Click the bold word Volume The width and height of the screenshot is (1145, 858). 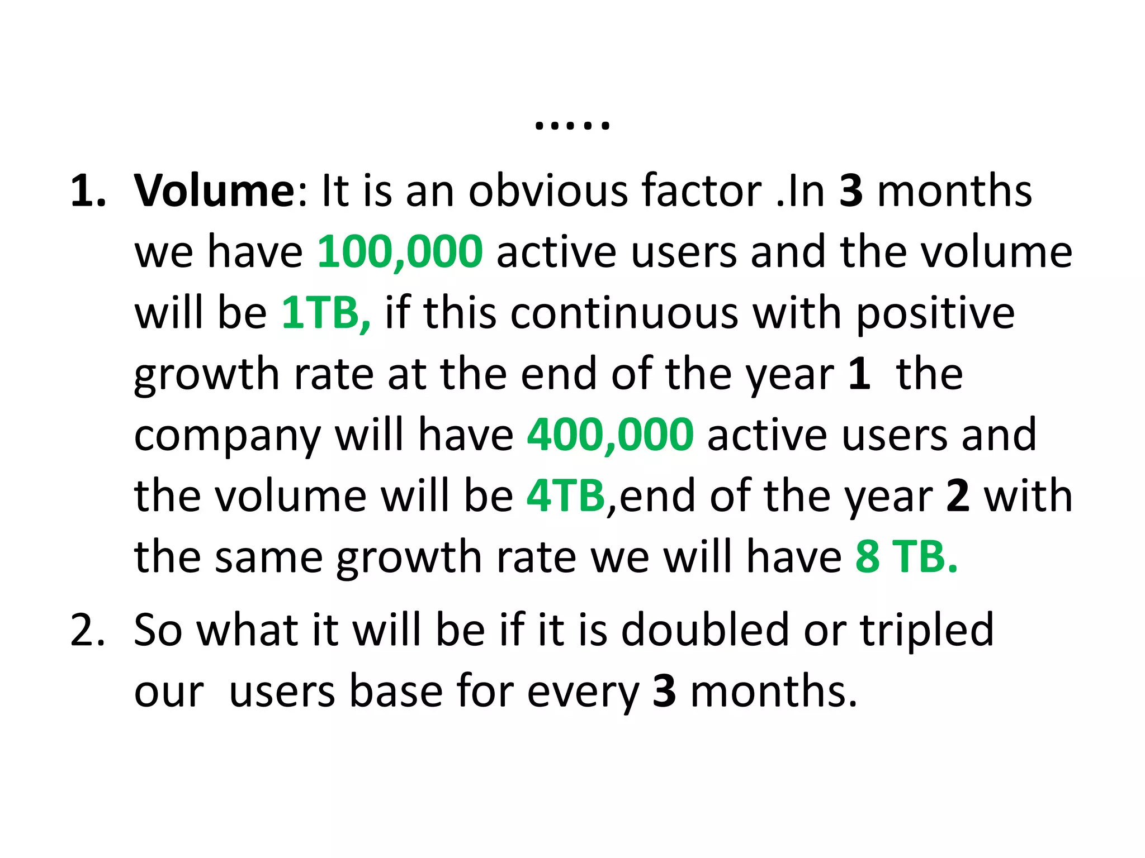pos(214,190)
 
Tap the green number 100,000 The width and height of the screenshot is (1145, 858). pos(400,252)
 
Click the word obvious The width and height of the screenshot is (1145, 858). pos(547,190)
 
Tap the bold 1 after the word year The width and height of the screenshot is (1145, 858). pos(859,374)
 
